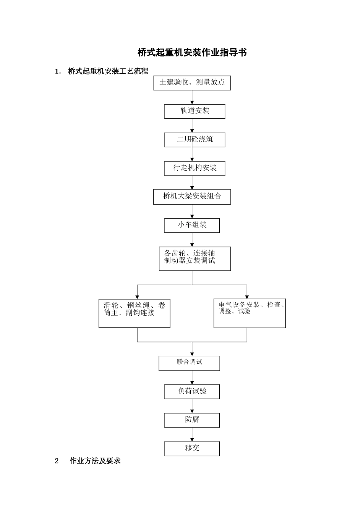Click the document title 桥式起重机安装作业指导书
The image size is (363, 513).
(x=192, y=52)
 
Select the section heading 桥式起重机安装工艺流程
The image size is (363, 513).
(x=108, y=71)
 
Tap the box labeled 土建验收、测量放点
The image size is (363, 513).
(x=192, y=83)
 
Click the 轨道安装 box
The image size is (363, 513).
(x=194, y=111)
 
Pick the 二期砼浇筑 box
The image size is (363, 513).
(x=194, y=140)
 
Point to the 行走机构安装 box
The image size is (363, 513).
(x=194, y=168)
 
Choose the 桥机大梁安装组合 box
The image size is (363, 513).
(x=192, y=197)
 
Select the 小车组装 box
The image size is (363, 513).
(x=192, y=225)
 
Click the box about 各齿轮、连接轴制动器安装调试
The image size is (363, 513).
(x=194, y=259)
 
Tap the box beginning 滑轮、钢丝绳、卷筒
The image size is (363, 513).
(x=134, y=313)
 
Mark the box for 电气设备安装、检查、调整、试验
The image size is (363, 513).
(x=250, y=313)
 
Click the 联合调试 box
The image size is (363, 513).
(x=189, y=363)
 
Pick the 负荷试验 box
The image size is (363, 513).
(x=192, y=392)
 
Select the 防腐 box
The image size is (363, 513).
(x=192, y=420)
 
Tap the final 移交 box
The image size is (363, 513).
(x=192, y=448)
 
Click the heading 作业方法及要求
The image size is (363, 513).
(x=95, y=461)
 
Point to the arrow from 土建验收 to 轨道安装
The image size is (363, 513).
(x=192, y=97)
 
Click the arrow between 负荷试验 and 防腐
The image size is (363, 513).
(x=192, y=406)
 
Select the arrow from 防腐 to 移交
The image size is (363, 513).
(x=192, y=435)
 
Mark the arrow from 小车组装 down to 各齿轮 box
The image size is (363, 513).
(x=192, y=240)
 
